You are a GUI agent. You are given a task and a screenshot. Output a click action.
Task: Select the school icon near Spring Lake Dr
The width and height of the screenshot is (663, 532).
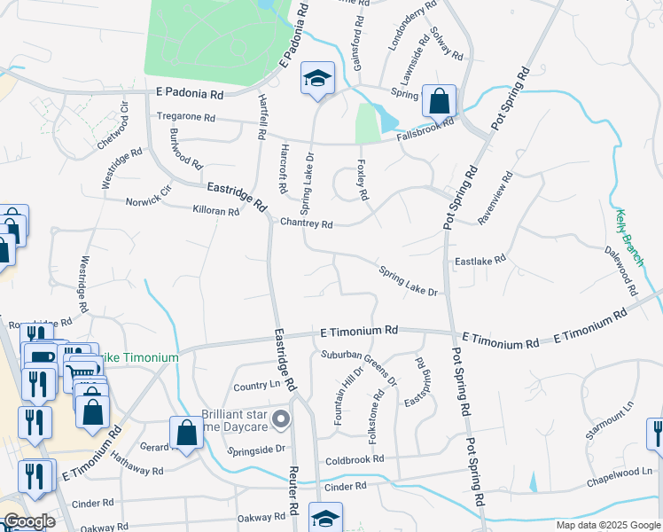pos(317,80)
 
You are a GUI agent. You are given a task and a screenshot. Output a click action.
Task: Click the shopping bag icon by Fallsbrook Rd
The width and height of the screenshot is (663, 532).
pos(439,102)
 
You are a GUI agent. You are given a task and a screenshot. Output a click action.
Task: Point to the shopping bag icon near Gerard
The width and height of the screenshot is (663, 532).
pos(186,434)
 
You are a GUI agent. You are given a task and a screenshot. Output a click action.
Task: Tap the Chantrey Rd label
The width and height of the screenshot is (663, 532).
pos(306,224)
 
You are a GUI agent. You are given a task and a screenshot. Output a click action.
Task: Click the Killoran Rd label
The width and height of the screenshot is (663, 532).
pos(216,211)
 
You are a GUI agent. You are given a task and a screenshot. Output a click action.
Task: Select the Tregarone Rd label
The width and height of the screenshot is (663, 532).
pos(186,117)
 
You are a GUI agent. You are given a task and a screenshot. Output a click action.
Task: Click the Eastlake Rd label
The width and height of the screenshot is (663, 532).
pos(480,260)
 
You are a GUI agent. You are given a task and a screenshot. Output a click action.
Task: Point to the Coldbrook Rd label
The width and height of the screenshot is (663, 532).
pos(354,459)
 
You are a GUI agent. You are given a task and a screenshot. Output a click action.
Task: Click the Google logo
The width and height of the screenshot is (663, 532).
pos(29,521)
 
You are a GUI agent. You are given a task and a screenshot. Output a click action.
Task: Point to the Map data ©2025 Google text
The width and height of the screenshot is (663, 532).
pos(607,525)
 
